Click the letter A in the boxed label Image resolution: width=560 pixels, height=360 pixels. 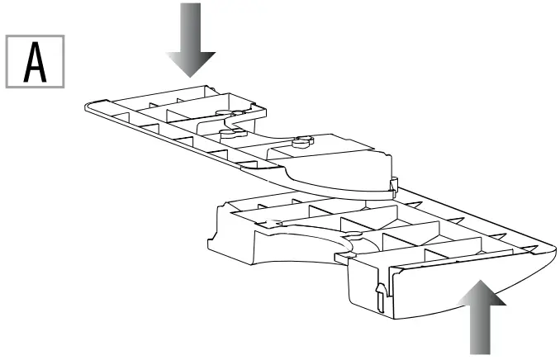tap(36, 60)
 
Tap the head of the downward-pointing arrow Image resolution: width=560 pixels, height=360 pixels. tap(191, 63)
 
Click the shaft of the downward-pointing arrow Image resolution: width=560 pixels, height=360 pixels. tap(191, 25)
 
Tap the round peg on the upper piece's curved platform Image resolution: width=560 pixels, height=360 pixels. tap(301, 140)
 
